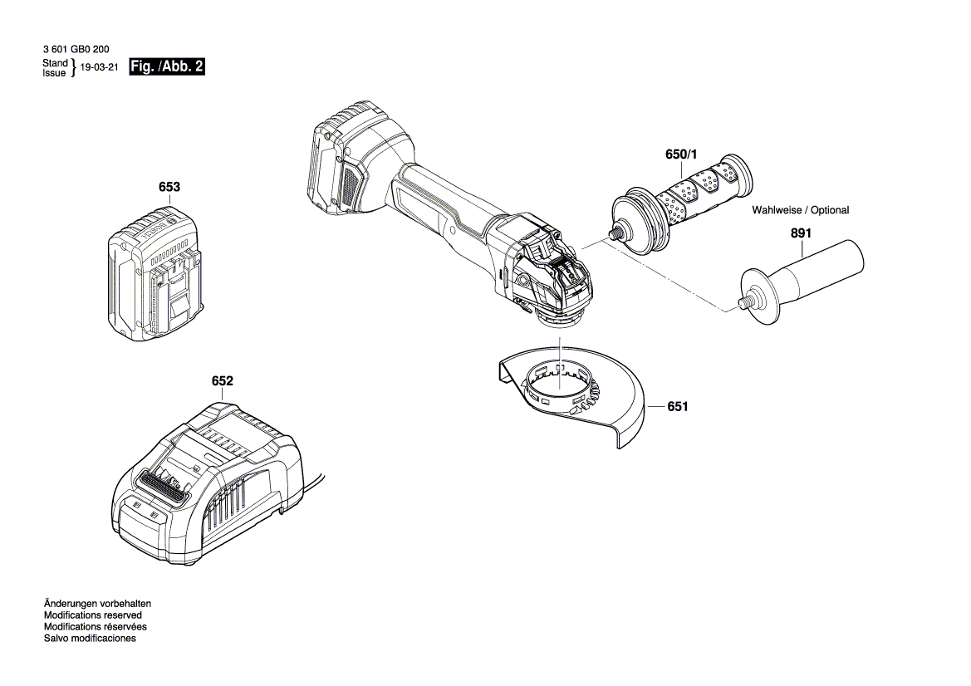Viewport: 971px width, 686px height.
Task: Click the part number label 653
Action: point(169,188)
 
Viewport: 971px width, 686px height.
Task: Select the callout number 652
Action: point(222,381)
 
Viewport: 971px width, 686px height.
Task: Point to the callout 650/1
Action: point(683,155)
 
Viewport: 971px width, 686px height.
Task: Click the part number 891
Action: point(800,234)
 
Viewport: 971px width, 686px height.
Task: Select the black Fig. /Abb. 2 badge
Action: point(166,67)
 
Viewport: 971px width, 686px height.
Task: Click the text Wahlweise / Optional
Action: point(800,210)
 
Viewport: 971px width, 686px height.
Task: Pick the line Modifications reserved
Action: point(94,615)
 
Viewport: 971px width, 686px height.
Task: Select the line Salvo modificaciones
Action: point(89,638)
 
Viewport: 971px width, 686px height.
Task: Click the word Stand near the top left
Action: point(55,63)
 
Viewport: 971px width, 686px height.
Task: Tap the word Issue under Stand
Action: point(54,73)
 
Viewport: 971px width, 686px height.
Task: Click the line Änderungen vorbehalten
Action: point(96,603)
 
